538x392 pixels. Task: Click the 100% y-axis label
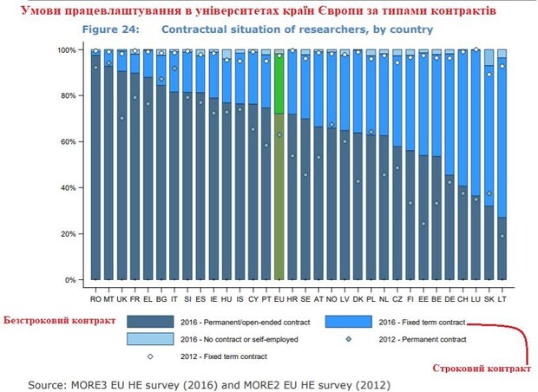[69, 49]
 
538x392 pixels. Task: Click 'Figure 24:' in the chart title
[112, 29]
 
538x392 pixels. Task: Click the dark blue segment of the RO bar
[95, 173]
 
